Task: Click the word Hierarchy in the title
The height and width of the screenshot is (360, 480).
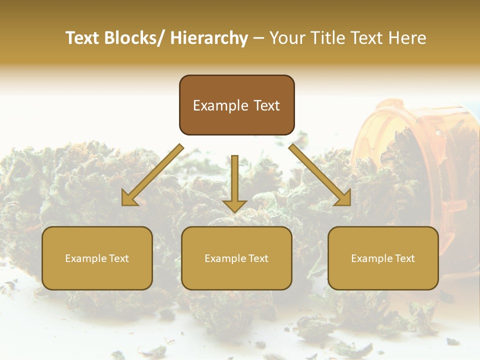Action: click(x=209, y=38)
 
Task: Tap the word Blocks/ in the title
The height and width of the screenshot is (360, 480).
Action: click(x=135, y=38)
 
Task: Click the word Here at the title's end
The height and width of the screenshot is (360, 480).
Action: click(x=406, y=38)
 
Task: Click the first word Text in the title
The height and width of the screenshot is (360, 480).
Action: click(x=83, y=38)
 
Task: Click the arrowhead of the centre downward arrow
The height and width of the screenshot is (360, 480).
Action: click(x=234, y=205)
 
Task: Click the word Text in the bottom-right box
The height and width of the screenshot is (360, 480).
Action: click(x=405, y=258)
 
